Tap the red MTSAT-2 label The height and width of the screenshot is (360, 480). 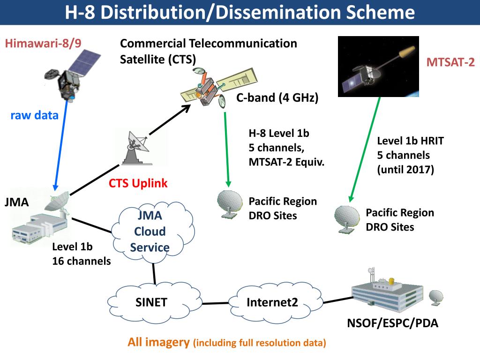point(450,62)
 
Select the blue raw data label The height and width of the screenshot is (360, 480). point(34,115)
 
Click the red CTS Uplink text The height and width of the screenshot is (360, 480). point(138,183)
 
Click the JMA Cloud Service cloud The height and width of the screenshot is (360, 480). point(150,231)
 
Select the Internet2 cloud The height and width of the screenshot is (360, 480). point(272,302)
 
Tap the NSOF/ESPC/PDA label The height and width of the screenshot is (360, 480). point(392,323)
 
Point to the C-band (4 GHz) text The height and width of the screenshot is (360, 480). point(277,98)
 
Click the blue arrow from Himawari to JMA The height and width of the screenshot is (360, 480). point(61,145)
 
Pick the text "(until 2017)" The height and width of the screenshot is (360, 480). point(405,169)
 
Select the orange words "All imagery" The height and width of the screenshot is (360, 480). point(158,342)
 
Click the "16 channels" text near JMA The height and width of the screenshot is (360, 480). point(82,261)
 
